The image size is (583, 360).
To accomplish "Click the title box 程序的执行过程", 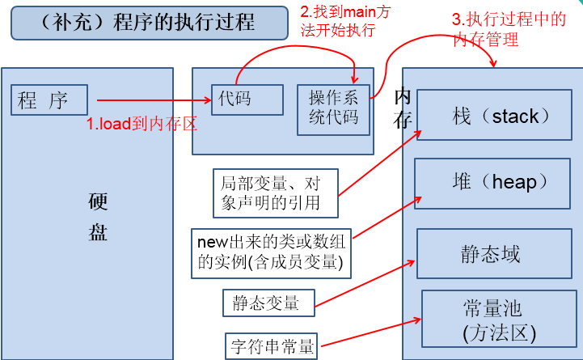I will pyautogui.click(x=149, y=23).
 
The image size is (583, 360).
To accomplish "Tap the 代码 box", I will pyautogui.click(x=247, y=100).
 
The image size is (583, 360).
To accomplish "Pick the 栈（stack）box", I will pyautogui.click(x=495, y=116).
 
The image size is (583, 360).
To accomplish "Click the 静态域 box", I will pyautogui.click(x=490, y=254).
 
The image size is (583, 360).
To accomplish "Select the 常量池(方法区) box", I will pyautogui.click(x=493, y=320).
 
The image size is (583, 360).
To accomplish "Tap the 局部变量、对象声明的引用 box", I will pyautogui.click(x=275, y=192).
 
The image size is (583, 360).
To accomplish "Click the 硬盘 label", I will pyautogui.click(x=98, y=217).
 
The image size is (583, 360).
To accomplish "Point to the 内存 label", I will pyautogui.click(x=402, y=108).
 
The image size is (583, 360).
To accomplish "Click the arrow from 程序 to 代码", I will pyautogui.click(x=154, y=100).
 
